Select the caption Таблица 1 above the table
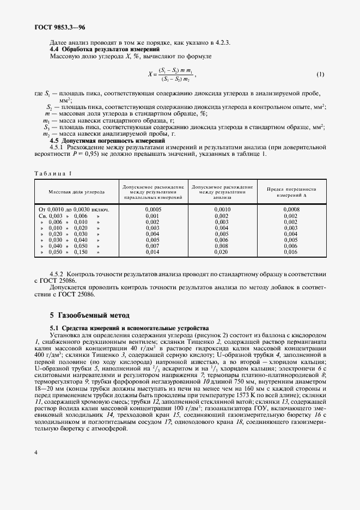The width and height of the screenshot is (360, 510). click(x=53, y=173)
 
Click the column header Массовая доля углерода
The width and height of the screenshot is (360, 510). click(x=77, y=192)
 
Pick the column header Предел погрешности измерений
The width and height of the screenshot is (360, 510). click(x=291, y=192)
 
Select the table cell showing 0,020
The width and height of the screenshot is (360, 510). click(x=222, y=252)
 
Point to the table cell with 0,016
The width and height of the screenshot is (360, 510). click(x=291, y=252)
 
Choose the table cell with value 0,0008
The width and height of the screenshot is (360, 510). click(x=291, y=209)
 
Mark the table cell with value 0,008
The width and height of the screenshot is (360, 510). click(x=222, y=246)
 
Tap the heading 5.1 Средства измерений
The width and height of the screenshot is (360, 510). click(x=129, y=328)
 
